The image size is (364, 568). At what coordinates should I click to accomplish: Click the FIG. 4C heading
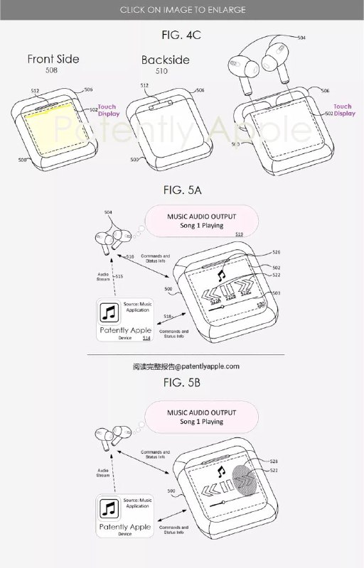point(181,33)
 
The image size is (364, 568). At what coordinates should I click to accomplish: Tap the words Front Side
point(53,59)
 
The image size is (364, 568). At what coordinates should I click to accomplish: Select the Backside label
point(165,60)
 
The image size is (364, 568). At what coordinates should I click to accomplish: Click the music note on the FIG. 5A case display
point(222,271)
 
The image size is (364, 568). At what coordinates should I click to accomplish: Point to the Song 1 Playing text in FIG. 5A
point(201,226)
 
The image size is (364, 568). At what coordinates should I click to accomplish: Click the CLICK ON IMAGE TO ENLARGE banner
point(182,9)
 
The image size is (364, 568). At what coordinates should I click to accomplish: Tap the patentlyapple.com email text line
point(186,366)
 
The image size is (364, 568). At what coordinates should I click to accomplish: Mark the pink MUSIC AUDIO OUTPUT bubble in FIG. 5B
point(201,416)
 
